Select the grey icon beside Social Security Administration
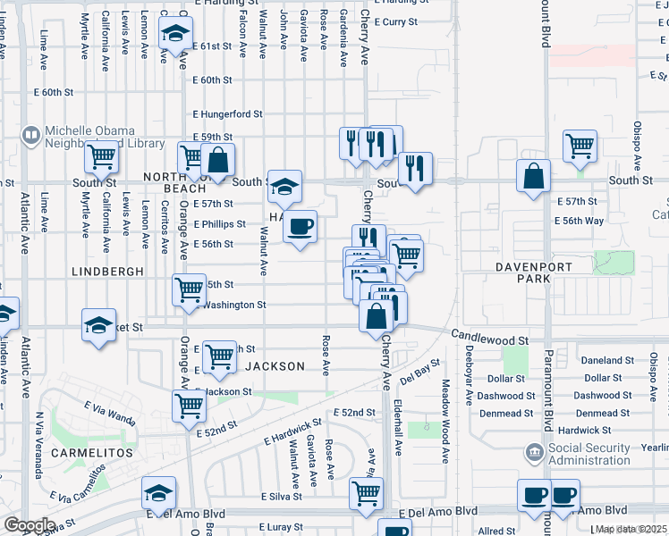click(x=535, y=452)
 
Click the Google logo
click(x=30, y=525)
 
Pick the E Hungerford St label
click(x=228, y=113)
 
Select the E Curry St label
click(x=394, y=21)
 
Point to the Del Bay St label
click(x=420, y=370)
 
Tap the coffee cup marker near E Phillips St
click(x=301, y=225)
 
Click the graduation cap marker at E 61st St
click(x=175, y=35)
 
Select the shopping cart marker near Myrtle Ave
click(x=101, y=159)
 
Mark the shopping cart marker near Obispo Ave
click(x=580, y=146)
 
